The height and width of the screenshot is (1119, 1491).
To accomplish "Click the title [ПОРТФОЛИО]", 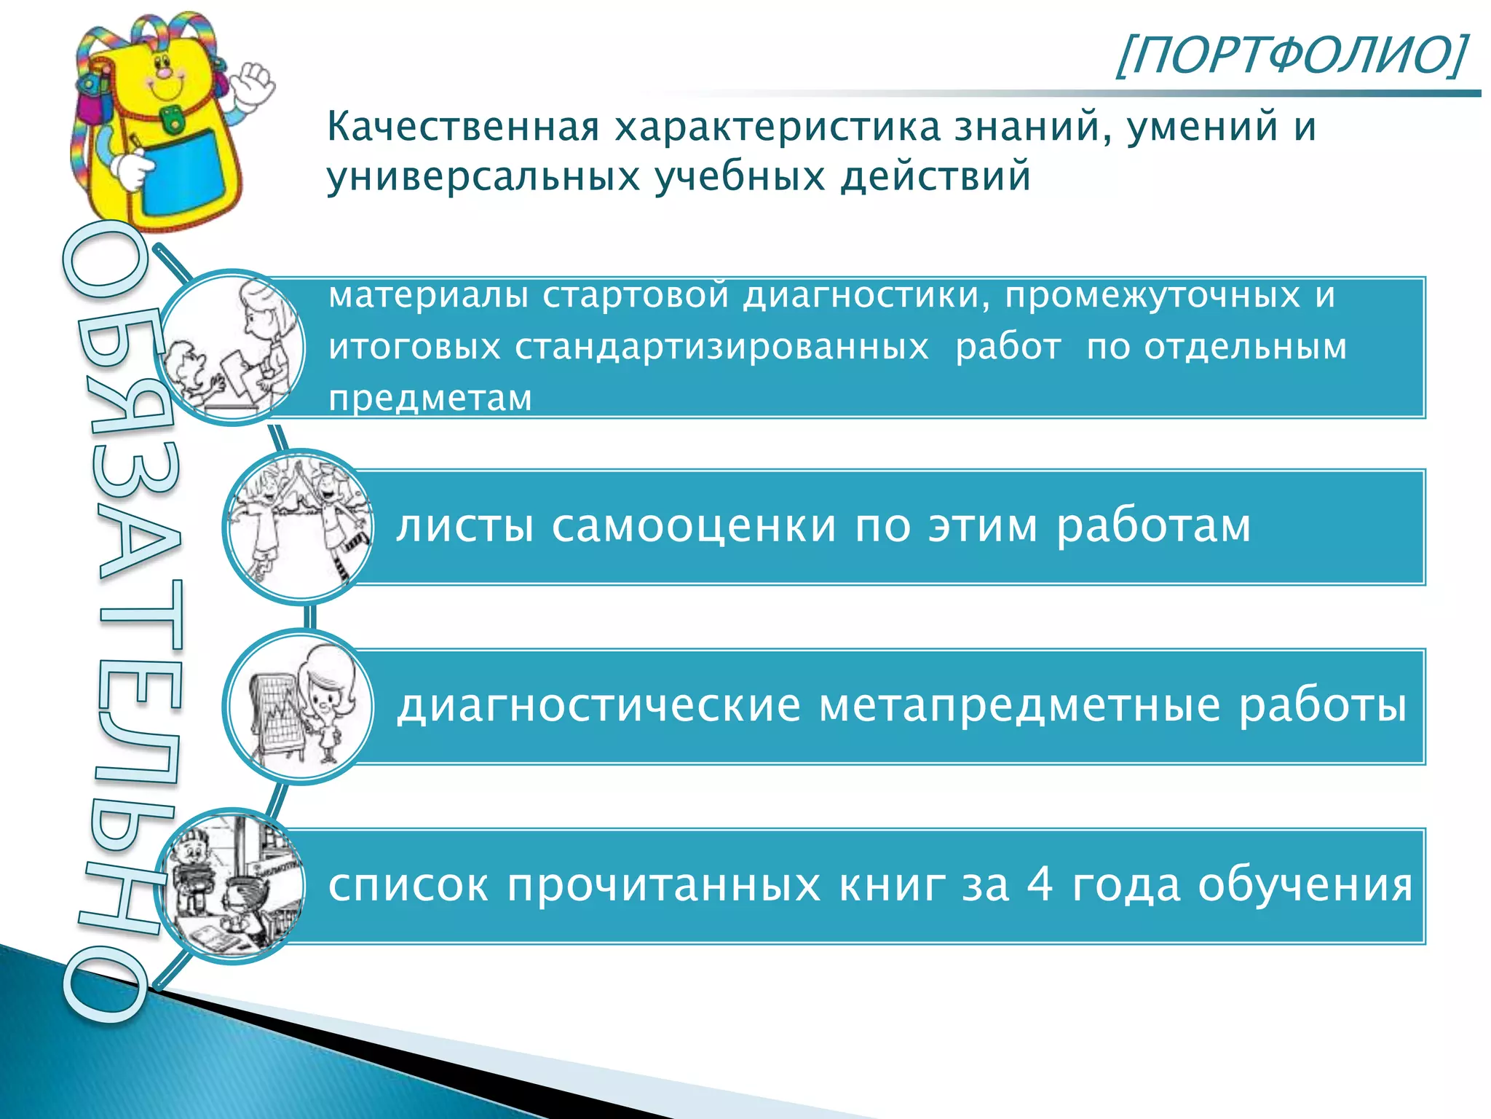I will (1290, 55).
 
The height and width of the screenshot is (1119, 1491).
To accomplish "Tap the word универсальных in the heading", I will (483, 177).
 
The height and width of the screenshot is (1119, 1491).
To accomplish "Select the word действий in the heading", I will (936, 177).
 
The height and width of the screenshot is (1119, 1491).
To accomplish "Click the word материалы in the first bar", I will (428, 296).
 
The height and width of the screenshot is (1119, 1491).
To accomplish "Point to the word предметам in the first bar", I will (430, 398).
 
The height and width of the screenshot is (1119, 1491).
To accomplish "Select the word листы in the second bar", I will (465, 525).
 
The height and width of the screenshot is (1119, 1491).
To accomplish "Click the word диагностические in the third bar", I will (598, 705).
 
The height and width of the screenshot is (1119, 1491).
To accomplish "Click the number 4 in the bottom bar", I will (1040, 885).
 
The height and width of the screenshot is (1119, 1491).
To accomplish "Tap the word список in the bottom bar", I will (408, 885).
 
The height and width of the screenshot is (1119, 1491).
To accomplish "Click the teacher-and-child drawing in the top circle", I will (232, 348).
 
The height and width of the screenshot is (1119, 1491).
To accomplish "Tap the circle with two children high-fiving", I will (299, 526).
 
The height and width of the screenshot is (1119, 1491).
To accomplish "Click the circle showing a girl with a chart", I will (299, 706).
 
